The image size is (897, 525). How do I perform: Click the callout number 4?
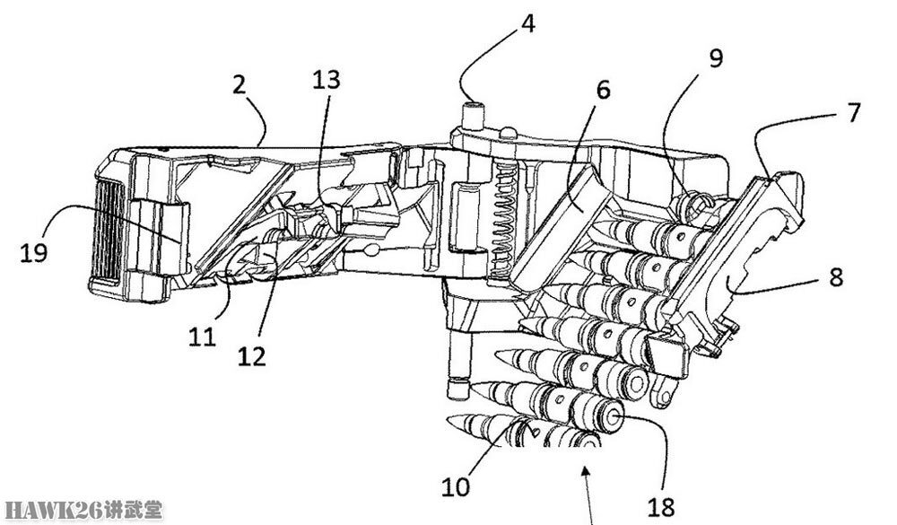(x=528, y=24)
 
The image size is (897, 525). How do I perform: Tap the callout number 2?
(x=239, y=84)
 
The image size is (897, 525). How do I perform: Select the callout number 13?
(x=327, y=80)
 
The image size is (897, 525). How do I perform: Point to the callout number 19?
(x=34, y=252)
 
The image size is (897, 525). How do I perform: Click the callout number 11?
(x=202, y=337)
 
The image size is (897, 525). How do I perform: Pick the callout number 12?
(x=252, y=356)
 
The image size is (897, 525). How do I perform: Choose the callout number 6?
(x=603, y=90)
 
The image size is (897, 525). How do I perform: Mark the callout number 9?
(x=716, y=58)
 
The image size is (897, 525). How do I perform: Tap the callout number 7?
(x=853, y=112)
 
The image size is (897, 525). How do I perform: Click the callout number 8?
(x=836, y=277)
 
